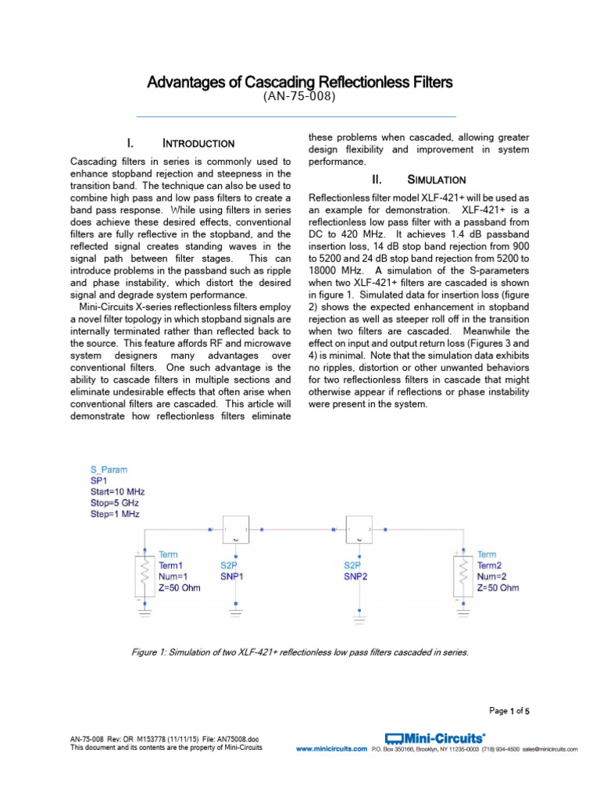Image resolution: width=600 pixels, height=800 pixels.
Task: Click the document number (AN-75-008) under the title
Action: (x=301, y=97)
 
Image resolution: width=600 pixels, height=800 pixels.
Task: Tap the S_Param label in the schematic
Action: (x=109, y=470)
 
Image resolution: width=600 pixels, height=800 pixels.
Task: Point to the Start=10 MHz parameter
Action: (x=117, y=492)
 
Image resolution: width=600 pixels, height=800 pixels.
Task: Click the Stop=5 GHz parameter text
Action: (x=114, y=504)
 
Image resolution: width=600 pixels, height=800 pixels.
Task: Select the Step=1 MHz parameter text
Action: (x=115, y=515)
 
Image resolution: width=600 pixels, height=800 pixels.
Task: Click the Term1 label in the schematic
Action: (x=173, y=565)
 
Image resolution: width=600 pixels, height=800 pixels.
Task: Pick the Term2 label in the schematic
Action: (x=491, y=565)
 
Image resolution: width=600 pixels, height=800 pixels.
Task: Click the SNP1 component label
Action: (x=231, y=576)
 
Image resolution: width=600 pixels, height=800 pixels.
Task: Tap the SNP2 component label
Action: (x=357, y=576)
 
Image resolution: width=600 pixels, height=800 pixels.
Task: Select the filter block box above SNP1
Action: (x=235, y=530)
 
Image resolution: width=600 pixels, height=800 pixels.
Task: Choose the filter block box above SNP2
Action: (x=359, y=530)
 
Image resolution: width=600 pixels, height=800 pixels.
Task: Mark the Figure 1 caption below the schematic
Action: (x=302, y=652)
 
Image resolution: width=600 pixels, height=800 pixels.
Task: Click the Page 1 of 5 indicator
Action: (x=509, y=711)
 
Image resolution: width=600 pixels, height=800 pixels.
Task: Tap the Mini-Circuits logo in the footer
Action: (x=435, y=737)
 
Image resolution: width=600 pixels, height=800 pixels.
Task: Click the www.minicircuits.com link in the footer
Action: (x=331, y=749)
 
